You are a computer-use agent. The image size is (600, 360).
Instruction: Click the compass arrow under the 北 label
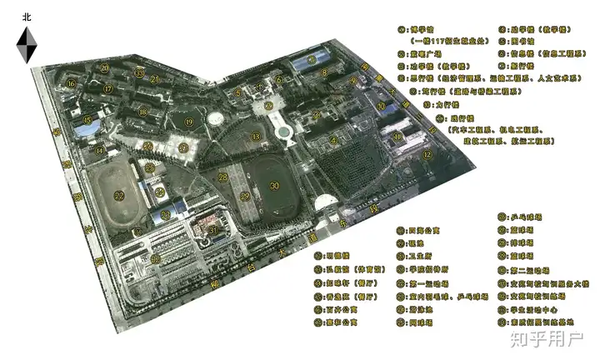click(x=26, y=43)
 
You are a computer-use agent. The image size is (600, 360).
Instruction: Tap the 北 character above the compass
click(x=26, y=16)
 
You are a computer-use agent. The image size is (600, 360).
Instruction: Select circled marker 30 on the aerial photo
click(x=274, y=187)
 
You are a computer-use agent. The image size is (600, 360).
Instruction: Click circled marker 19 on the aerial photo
click(x=190, y=122)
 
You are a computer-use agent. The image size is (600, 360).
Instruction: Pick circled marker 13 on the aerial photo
click(x=257, y=136)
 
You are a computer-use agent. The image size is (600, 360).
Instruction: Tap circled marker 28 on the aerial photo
click(x=222, y=177)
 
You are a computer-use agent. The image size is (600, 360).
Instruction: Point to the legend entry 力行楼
click(x=448, y=106)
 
